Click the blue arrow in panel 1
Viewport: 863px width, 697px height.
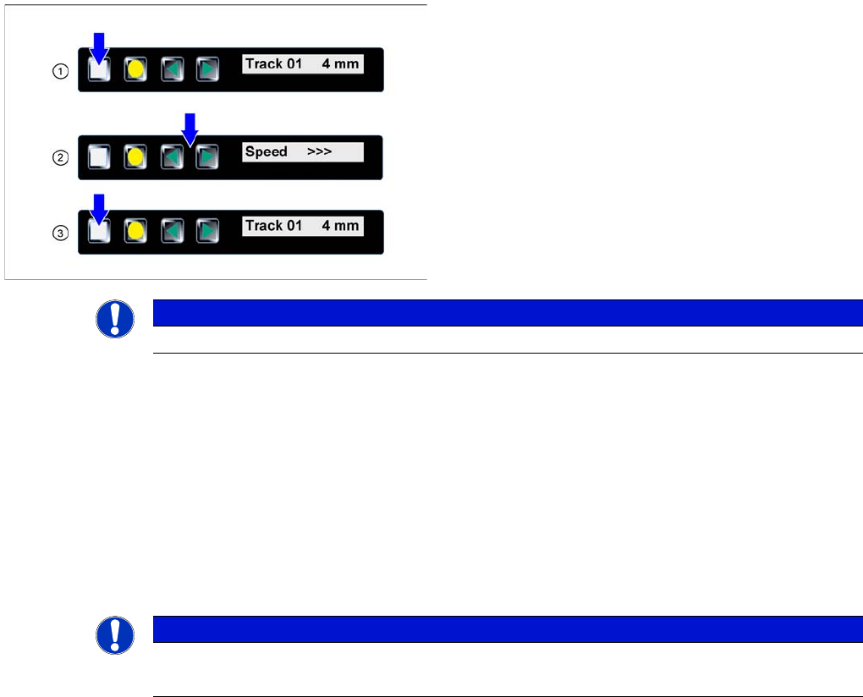coord(100,48)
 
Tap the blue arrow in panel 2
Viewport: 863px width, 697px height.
coord(190,129)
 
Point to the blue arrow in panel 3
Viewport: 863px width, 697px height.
coord(100,209)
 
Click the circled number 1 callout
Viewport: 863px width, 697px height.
coord(60,72)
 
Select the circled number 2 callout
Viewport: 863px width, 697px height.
coord(60,158)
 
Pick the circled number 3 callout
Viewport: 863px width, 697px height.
coord(60,233)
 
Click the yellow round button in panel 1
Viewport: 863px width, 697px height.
coord(135,70)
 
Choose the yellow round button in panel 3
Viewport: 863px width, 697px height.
coord(134,232)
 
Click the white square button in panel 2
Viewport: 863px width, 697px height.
coord(99,156)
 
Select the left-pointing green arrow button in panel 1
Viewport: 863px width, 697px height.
coord(173,70)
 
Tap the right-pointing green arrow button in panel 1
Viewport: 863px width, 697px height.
coord(207,70)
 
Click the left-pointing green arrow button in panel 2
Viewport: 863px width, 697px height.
coord(173,156)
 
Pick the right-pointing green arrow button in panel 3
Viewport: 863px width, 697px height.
coord(207,232)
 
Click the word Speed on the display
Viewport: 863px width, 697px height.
coord(266,152)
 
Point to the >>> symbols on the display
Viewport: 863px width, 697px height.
coord(319,152)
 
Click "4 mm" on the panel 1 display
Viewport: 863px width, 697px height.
coord(340,63)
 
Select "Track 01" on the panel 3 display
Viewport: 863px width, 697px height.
coord(273,226)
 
